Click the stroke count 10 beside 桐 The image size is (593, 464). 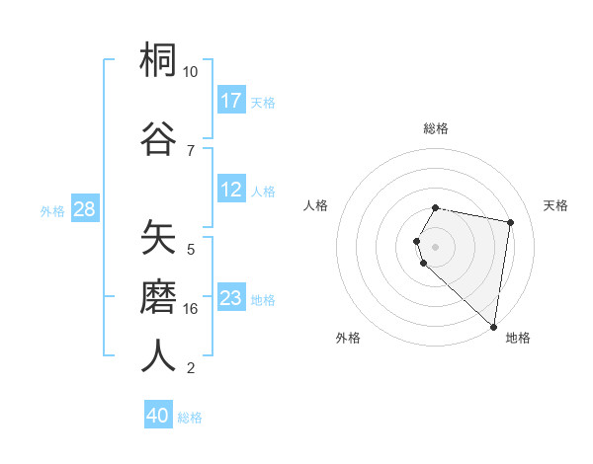pos(190,72)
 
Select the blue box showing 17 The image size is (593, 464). pos(231,101)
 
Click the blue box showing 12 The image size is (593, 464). pos(231,190)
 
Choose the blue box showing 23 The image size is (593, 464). pos(231,298)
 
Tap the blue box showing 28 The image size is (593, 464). pos(84,209)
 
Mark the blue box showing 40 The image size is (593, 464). pos(158,416)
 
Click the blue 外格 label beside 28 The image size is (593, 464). pos(52,210)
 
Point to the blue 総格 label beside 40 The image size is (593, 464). pos(190,417)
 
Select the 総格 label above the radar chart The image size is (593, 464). pos(436,128)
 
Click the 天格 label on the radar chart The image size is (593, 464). pos(555,205)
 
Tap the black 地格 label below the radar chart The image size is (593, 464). pos(517,338)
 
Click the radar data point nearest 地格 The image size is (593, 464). pos(493,326)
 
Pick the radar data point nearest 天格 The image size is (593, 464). pos(510,222)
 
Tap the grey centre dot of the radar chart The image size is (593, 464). pos(436,246)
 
